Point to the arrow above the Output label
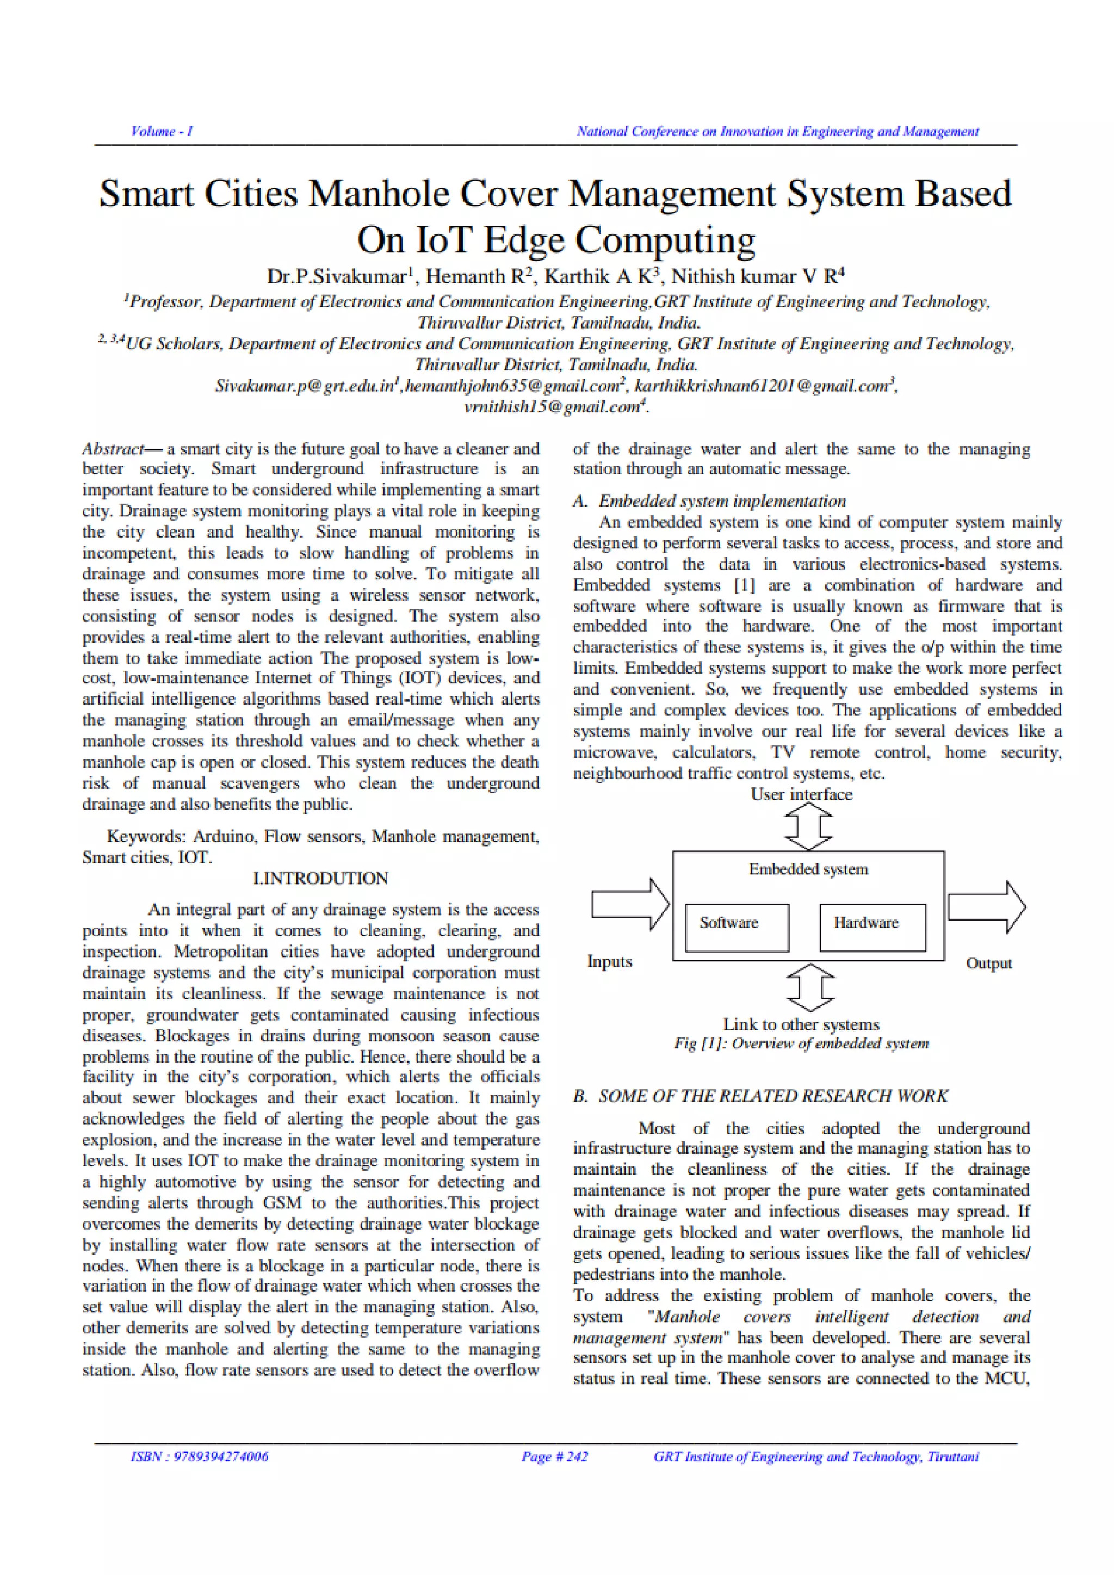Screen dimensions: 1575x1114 (x=986, y=907)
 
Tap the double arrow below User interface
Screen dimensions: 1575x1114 (x=808, y=826)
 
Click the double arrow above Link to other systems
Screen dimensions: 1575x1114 (x=810, y=987)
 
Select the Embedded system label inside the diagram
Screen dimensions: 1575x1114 (x=808, y=869)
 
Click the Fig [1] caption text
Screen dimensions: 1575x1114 (x=801, y=1043)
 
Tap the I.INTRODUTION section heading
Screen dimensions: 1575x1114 (x=320, y=878)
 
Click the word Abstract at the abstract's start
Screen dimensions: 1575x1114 (x=113, y=449)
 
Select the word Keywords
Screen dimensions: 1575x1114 (x=145, y=836)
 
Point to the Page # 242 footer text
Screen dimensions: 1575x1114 (x=554, y=1456)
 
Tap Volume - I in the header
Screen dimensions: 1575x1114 (x=162, y=131)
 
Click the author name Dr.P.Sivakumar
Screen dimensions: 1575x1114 (x=337, y=276)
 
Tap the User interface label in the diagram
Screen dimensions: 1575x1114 (x=801, y=794)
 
